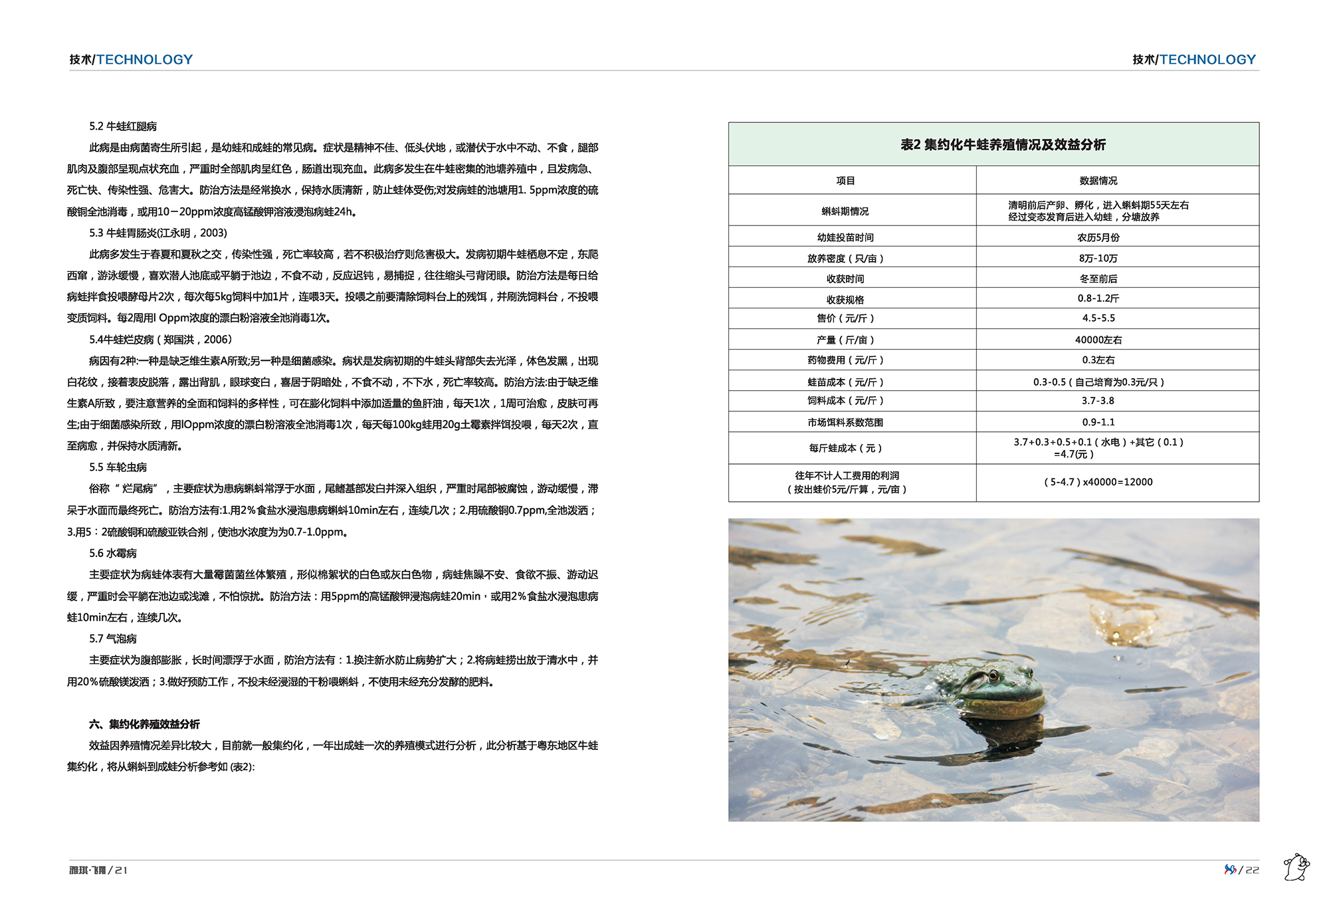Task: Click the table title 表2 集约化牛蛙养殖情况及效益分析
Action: tap(1003, 145)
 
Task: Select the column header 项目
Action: tap(845, 181)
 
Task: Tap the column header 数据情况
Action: tap(1098, 181)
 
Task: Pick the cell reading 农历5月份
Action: tap(1098, 237)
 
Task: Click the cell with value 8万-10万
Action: tap(1098, 258)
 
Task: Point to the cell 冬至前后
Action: tap(1098, 279)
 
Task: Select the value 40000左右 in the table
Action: tap(1098, 340)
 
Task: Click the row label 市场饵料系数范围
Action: tap(845, 422)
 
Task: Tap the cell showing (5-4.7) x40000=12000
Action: tap(1098, 482)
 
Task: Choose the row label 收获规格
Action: tap(845, 299)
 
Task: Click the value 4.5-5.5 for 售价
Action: tap(1098, 318)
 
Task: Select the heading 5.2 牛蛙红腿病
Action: tap(123, 126)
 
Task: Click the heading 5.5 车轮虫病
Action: tap(118, 467)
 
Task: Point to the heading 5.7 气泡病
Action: tap(113, 639)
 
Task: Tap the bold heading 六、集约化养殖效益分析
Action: tap(144, 724)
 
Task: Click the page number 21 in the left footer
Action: tap(121, 870)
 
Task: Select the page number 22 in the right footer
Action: tap(1252, 870)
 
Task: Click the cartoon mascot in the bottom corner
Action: tap(1296, 868)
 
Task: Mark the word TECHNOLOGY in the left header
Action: tap(145, 60)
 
